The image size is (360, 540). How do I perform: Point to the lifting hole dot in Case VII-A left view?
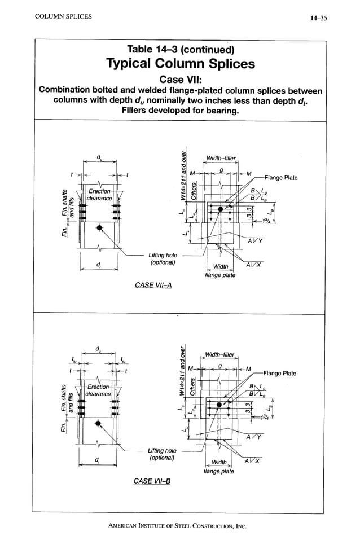[x=99, y=227]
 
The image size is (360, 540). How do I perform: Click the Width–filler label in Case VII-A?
[x=221, y=158]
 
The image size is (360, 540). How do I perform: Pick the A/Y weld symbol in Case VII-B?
[x=253, y=437]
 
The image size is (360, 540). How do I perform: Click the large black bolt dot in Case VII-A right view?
[x=220, y=209]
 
